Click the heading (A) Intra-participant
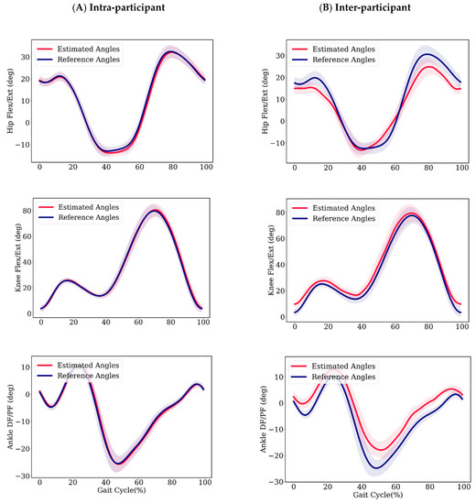tap(119, 11)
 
